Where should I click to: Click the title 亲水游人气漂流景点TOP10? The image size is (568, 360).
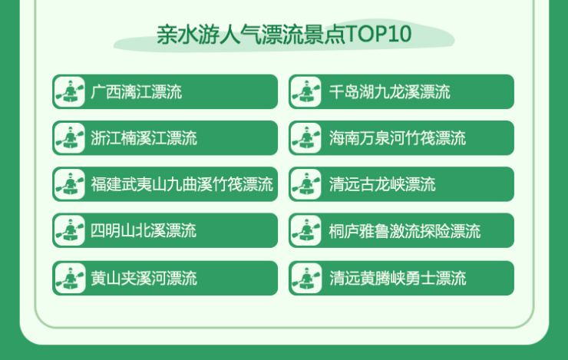[284, 35]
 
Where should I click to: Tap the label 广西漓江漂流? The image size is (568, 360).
[136, 92]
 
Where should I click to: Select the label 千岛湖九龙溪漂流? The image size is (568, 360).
[389, 92]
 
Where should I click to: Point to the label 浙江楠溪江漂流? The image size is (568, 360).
[144, 138]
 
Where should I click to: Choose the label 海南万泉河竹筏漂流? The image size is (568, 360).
[397, 138]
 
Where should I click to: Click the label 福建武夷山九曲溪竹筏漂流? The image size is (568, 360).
[181, 184]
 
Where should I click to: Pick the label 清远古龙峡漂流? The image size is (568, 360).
[381, 184]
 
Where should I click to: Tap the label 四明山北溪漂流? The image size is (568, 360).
[144, 230]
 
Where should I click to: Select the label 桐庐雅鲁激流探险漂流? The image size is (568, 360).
[405, 230]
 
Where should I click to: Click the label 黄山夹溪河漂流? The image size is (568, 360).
[144, 277]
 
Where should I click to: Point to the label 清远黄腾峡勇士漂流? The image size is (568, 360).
[397, 277]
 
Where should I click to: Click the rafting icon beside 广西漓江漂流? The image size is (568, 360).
[70, 92]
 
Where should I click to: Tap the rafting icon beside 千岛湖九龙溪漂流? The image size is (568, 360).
[306, 92]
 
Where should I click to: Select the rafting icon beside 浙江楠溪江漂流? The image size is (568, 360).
[70, 138]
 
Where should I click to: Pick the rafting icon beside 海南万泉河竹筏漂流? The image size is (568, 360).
[306, 138]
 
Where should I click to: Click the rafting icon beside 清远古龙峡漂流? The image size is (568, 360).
[306, 184]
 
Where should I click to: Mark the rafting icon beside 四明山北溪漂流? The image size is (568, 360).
[70, 230]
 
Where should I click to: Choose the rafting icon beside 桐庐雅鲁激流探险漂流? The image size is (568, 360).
[306, 230]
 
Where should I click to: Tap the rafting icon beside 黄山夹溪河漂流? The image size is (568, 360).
[70, 277]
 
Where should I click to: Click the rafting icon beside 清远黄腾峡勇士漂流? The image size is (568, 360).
[306, 277]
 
